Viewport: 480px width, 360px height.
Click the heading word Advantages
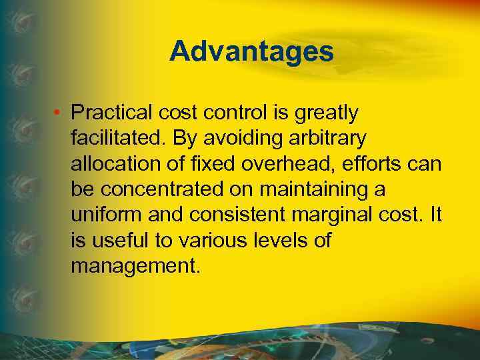click(x=251, y=51)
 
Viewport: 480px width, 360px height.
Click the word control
click(x=233, y=113)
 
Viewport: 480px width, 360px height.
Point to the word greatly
click(x=326, y=114)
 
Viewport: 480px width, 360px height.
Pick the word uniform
click(x=105, y=215)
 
